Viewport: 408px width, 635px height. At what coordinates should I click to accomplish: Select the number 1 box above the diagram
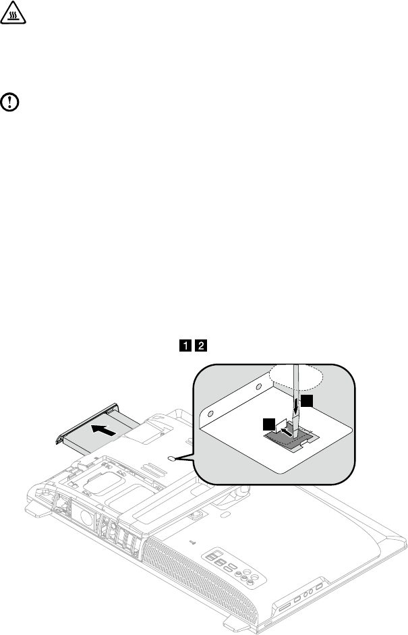pos(183,346)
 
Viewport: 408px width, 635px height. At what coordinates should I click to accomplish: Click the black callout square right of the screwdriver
pos(307,401)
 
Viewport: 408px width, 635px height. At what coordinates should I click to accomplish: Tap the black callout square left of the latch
pos(269,424)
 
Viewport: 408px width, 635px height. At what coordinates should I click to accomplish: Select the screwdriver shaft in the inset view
pos(296,391)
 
